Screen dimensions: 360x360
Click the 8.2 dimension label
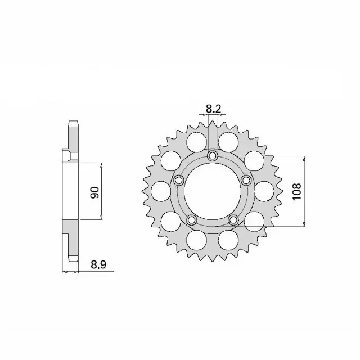point(213,109)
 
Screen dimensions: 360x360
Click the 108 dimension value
point(296,191)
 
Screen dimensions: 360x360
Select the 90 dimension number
point(94,192)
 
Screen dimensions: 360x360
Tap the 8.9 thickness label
point(98,265)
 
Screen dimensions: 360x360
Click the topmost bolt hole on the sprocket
point(213,156)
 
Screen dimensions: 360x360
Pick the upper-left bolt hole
point(179,180)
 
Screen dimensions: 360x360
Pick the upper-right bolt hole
point(246,180)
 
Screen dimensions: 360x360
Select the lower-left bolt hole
point(191,219)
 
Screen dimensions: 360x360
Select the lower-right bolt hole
point(233,219)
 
